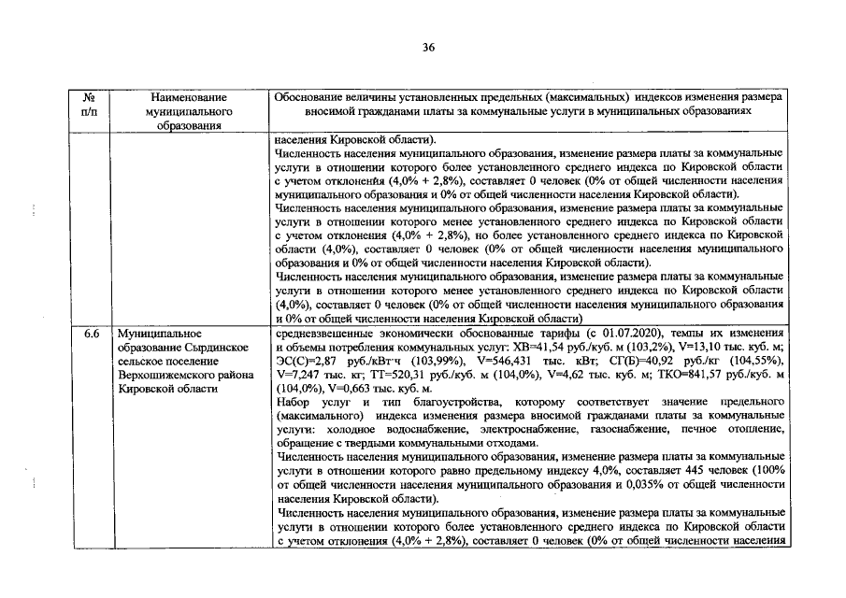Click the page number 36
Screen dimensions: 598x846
click(x=428, y=47)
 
